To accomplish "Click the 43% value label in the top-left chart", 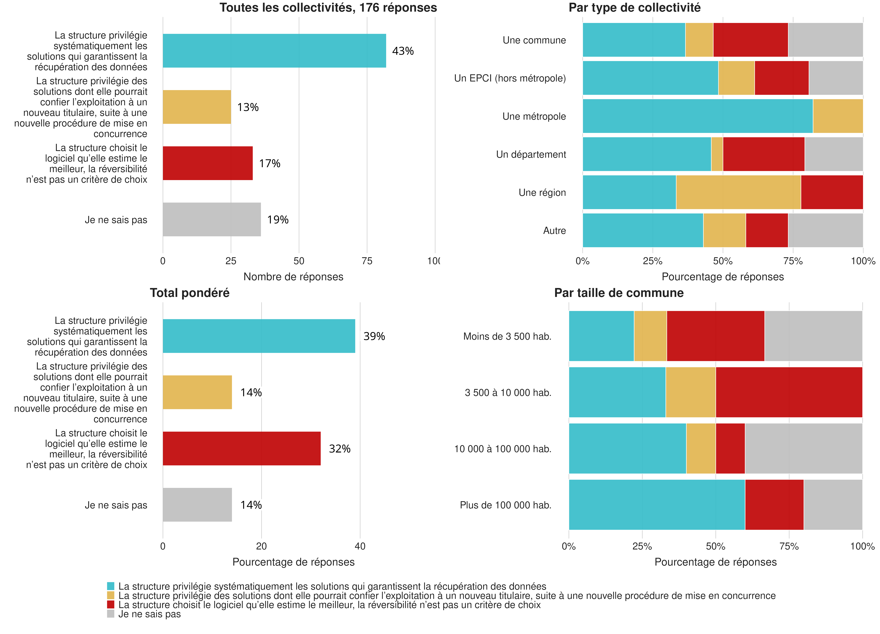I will click(x=403, y=51).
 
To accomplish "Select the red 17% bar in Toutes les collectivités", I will click(x=208, y=163).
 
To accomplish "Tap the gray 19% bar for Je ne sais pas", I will click(x=211, y=219).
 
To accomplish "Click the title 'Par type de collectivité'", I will click(x=634, y=8).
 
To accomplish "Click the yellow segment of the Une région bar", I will click(x=738, y=192).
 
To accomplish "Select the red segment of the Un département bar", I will click(x=764, y=154).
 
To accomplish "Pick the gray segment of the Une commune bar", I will click(x=825, y=40).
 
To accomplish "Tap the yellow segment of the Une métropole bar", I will click(x=838, y=116).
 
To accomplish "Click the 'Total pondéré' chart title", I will click(x=190, y=293).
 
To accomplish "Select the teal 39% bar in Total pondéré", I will click(x=259, y=336).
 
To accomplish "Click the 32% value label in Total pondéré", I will click(x=340, y=448).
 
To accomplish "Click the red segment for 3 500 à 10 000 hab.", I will click(x=789, y=392).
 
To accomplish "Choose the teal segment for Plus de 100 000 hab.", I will click(x=656, y=505).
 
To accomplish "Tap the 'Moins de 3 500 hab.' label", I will click(x=507, y=336).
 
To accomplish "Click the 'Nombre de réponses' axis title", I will click(x=293, y=277).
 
